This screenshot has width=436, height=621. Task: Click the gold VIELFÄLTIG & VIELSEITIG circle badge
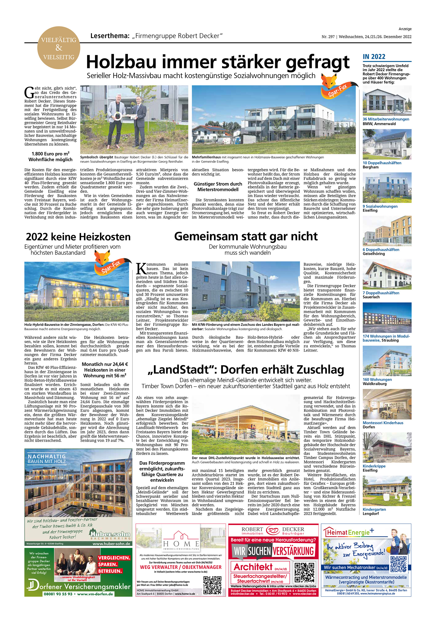point(59,48)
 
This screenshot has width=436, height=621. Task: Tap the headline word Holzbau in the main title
point(121,62)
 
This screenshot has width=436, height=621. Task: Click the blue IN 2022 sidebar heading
point(374,56)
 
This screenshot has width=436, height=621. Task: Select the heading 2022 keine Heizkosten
point(78,237)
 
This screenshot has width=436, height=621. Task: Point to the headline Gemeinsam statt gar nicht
point(246,236)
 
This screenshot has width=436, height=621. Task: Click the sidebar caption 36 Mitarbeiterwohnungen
point(386,119)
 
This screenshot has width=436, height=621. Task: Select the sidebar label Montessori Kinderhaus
point(383,423)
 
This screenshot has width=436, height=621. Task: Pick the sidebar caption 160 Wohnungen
point(377,379)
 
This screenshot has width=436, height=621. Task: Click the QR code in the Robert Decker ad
point(304,572)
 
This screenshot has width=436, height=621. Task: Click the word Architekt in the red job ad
point(253,567)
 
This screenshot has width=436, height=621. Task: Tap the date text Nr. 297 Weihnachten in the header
point(366,37)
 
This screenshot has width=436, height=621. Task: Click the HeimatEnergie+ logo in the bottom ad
point(349,533)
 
